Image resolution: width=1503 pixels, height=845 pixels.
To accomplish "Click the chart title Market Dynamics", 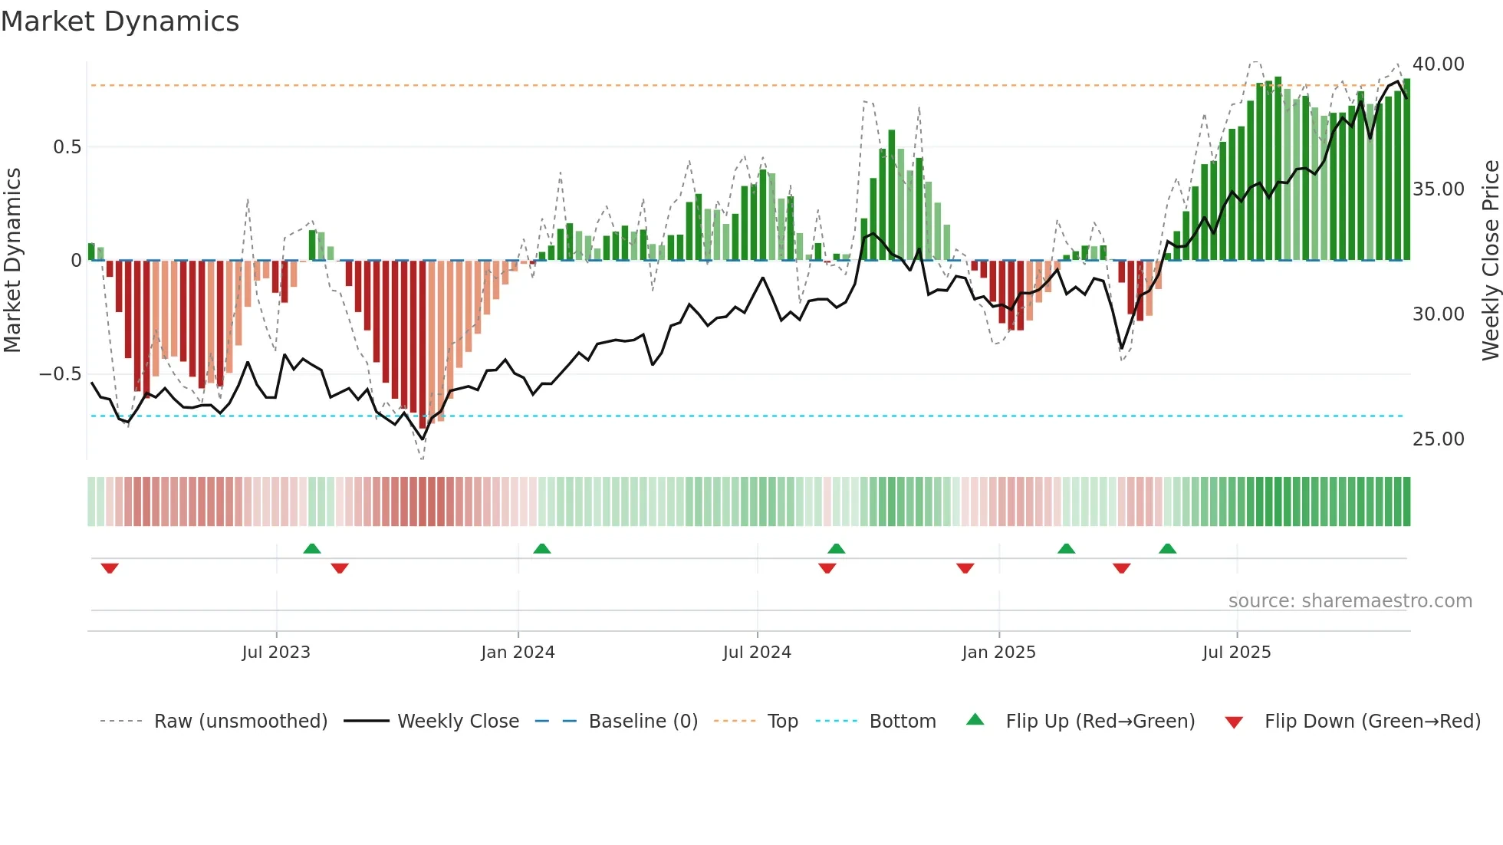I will pyautogui.click(x=120, y=21).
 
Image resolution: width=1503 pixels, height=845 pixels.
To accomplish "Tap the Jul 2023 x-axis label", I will pyautogui.click(x=276, y=653).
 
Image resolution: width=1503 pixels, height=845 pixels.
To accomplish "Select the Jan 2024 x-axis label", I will pyautogui.click(x=518, y=653).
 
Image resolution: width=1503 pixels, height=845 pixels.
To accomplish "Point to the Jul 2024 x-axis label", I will pyautogui.click(x=757, y=653).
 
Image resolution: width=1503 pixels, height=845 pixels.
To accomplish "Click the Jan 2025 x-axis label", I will pyautogui.click(x=998, y=653).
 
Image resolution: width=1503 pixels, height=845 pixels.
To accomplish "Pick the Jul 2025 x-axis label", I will pyautogui.click(x=1236, y=653).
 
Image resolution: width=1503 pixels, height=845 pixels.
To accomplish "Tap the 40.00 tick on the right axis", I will pyautogui.click(x=1438, y=64).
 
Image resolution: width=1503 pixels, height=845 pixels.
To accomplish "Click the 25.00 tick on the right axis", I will pyautogui.click(x=1438, y=439).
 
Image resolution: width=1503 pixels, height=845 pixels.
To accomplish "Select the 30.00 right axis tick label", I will pyautogui.click(x=1438, y=314).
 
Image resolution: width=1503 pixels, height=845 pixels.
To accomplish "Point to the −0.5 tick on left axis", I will pyautogui.click(x=60, y=374).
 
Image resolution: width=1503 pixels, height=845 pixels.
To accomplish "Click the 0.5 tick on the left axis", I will pyautogui.click(x=67, y=147).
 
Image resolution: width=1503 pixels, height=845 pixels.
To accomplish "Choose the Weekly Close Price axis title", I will pyautogui.click(x=1490, y=261).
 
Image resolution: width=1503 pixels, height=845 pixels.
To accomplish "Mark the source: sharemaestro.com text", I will pyautogui.click(x=1350, y=601).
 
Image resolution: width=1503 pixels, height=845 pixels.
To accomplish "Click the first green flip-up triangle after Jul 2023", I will pyautogui.click(x=311, y=549).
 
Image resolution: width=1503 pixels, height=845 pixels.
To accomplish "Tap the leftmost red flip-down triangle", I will pyautogui.click(x=110, y=568).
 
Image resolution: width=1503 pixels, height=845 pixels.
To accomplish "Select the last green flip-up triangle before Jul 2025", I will pyautogui.click(x=1167, y=549).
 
